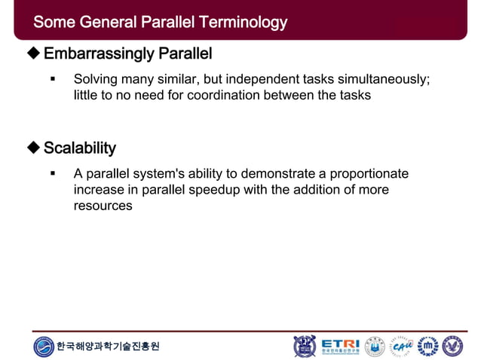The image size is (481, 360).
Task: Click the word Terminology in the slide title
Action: (x=244, y=22)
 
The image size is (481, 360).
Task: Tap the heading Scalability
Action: (x=79, y=147)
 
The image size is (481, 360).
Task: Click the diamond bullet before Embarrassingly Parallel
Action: (x=32, y=54)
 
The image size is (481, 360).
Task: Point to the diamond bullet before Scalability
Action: (x=32, y=147)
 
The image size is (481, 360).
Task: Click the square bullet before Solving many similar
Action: (x=53, y=79)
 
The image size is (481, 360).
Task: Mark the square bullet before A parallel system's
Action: (x=53, y=173)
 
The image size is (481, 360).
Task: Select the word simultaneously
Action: (x=384, y=79)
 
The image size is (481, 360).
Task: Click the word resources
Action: (x=103, y=206)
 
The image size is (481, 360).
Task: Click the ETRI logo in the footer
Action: (x=340, y=346)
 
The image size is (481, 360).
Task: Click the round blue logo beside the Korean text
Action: (x=44, y=346)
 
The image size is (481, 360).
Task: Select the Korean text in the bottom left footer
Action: (x=109, y=346)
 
